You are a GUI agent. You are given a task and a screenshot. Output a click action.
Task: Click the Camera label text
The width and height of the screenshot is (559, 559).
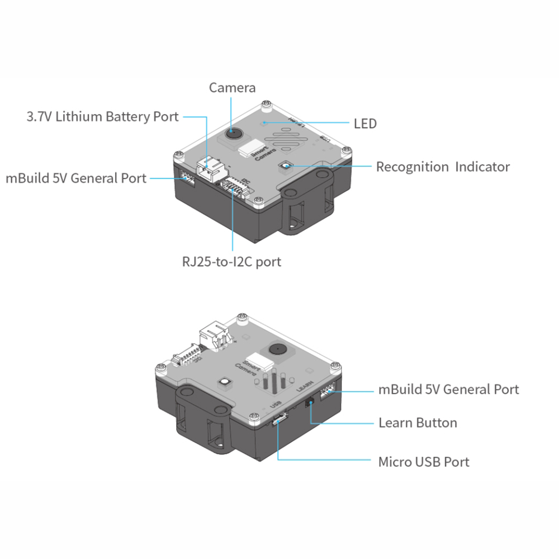(232, 88)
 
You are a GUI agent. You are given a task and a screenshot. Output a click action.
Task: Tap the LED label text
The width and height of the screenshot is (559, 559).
(365, 123)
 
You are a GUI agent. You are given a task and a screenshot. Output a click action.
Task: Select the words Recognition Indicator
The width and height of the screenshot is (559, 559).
(442, 167)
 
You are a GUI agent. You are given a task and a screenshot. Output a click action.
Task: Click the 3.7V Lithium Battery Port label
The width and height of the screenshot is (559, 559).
(102, 117)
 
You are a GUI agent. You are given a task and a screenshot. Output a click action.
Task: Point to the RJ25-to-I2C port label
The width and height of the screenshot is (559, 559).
(231, 261)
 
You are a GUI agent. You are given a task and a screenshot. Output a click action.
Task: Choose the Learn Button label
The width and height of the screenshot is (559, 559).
(418, 423)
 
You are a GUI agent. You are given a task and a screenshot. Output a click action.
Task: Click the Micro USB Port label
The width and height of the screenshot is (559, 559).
(424, 462)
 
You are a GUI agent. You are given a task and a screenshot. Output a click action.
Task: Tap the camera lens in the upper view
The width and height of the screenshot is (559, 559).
(233, 134)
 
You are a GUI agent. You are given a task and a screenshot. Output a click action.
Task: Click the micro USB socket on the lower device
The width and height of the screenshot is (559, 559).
(279, 419)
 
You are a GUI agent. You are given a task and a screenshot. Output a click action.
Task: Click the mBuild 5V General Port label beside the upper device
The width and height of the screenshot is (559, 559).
(76, 178)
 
